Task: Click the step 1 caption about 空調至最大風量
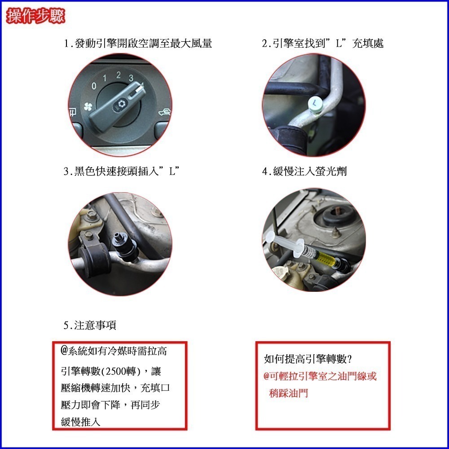[138, 44]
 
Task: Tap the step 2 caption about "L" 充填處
[323, 44]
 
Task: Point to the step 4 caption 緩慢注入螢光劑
[304, 172]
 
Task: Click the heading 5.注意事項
[90, 326]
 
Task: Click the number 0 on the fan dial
[93, 85]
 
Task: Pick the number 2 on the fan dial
[118, 75]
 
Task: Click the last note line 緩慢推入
[81, 422]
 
